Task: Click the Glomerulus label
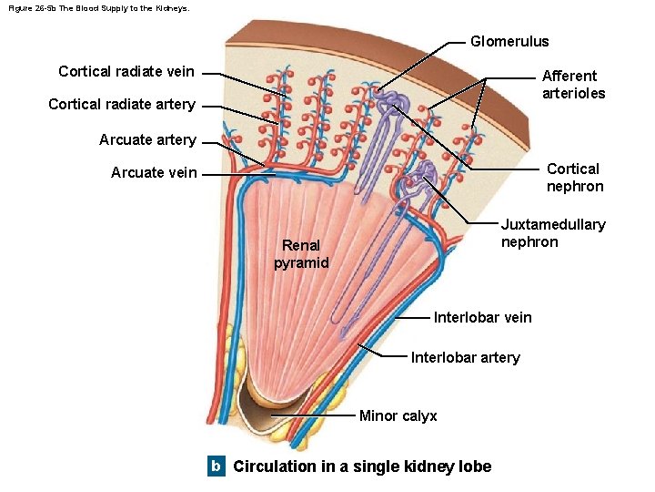tap(509, 41)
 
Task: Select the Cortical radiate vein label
tap(126, 71)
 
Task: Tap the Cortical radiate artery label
tap(121, 104)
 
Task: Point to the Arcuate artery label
tap(147, 139)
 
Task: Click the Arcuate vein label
tap(153, 172)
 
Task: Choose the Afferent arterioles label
tap(573, 85)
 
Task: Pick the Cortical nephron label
tap(574, 178)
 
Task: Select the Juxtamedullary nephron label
tap(553, 233)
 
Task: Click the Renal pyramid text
tap(301, 254)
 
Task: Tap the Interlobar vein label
tap(482, 317)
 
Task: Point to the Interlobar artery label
tap(465, 357)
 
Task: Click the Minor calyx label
tap(398, 415)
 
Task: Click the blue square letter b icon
tap(216, 466)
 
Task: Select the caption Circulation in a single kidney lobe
tap(362, 466)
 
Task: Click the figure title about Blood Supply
tap(99, 7)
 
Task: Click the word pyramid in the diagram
tap(301, 263)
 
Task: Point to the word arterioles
tap(573, 93)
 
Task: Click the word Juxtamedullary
tap(553, 224)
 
